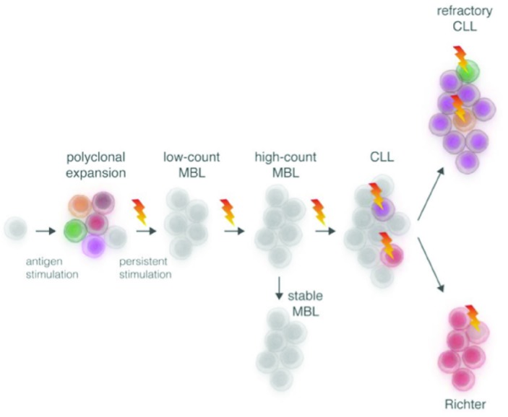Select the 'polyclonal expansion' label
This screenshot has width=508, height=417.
(x=97, y=164)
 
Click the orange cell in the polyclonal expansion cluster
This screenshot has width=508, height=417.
(x=79, y=205)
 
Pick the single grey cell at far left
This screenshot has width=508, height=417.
(x=16, y=229)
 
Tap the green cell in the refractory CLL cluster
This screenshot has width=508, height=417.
(x=468, y=70)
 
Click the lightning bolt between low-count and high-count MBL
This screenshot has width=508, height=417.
(x=228, y=211)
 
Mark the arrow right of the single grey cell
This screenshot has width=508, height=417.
(x=45, y=231)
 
